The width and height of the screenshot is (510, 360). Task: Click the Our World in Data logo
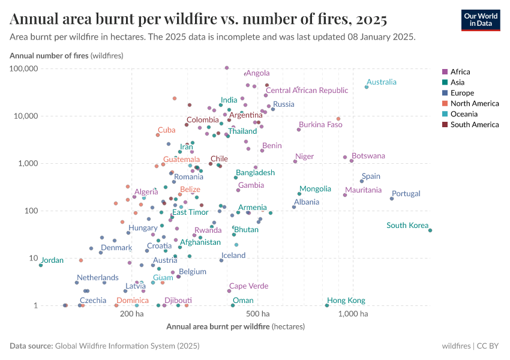[x=480, y=20]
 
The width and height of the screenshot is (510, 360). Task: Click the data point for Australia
[x=367, y=87]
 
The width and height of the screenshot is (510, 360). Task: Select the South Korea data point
[x=430, y=230]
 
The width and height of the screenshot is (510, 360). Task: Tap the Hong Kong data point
[x=327, y=305]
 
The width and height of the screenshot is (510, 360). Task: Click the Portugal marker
[x=392, y=199]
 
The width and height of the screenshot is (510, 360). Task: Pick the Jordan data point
[x=41, y=265]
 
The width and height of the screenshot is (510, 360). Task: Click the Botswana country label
[x=368, y=156]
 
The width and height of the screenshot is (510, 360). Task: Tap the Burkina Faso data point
[x=299, y=130]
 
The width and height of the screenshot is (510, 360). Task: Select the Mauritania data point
[x=345, y=195]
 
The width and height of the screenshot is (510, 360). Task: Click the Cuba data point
[x=158, y=135]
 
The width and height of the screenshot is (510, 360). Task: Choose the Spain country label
[x=371, y=176]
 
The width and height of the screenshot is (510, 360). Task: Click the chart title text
[x=198, y=19]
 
